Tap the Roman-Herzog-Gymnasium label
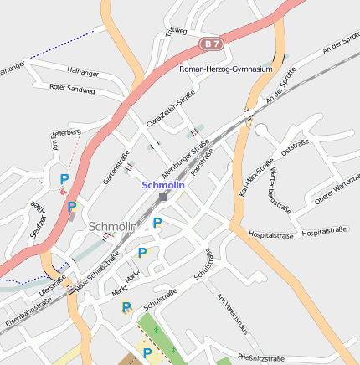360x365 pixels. click(x=226, y=69)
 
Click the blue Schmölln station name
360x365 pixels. click(x=163, y=185)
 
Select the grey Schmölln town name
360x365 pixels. click(x=111, y=227)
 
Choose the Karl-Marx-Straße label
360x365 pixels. click(x=257, y=177)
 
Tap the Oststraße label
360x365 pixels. click(x=296, y=148)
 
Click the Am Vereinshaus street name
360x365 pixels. click(x=232, y=313)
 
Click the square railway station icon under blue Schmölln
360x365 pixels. click(x=162, y=198)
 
